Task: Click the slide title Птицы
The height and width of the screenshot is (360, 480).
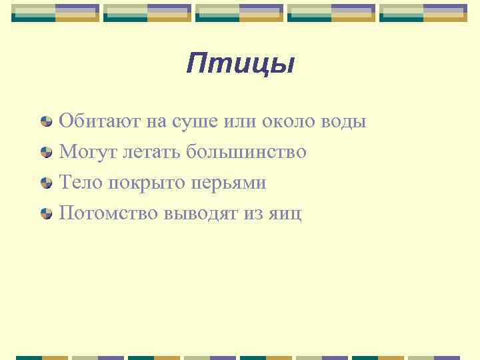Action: [240, 65]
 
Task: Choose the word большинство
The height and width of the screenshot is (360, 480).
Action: [246, 152]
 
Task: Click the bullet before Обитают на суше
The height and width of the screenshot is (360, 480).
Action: [46, 122]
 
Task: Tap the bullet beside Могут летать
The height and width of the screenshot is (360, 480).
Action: [46, 153]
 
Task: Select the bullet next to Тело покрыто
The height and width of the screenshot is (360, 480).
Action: [46, 183]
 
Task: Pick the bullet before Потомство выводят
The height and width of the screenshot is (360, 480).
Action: [46, 213]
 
